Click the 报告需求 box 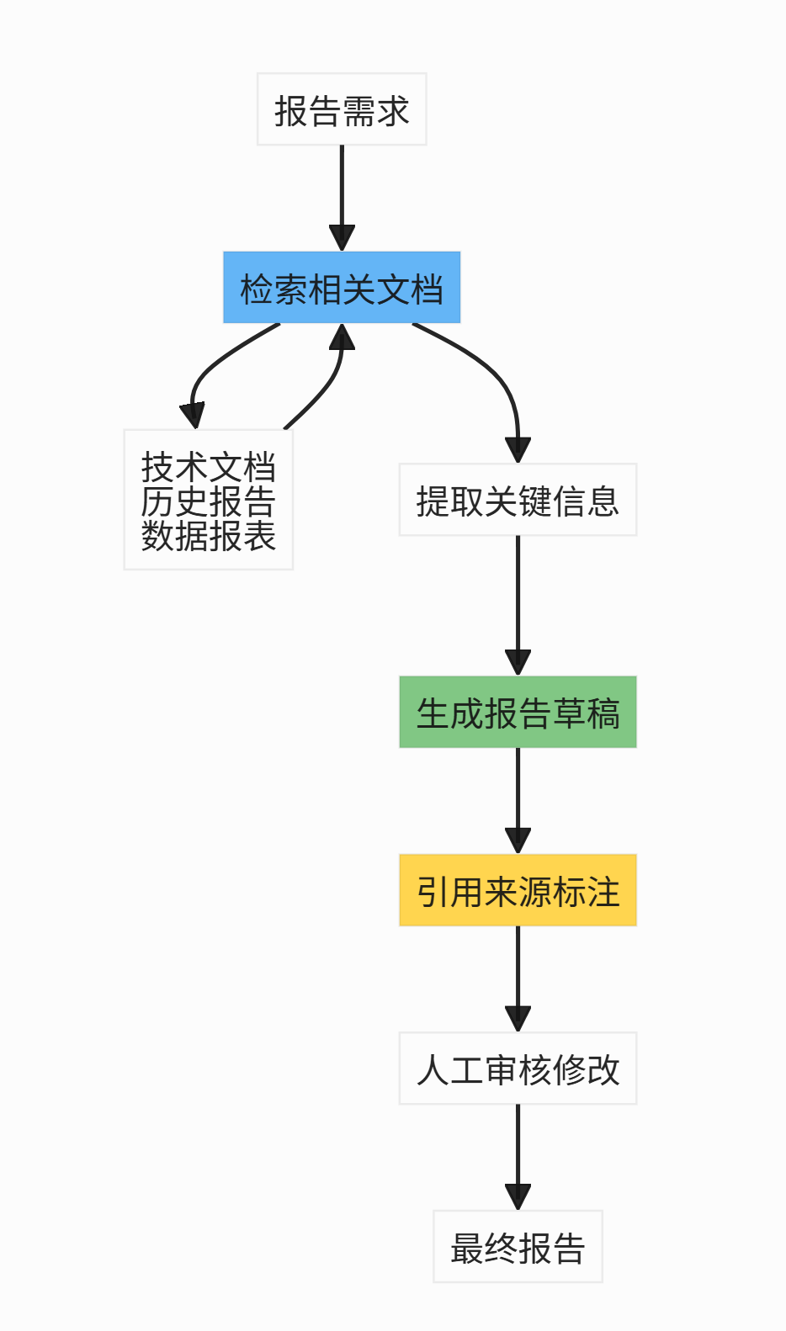342,109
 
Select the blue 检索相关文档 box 342,288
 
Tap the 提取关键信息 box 518,500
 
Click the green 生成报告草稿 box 518,712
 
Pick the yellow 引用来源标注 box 518,890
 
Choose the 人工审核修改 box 518,1069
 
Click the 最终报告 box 518,1247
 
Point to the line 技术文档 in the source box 208,467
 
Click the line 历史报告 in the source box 208,501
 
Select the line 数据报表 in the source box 208,536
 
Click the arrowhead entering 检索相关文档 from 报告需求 342,237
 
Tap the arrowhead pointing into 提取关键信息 518,449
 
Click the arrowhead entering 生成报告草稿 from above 518,661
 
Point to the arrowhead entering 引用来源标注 518,840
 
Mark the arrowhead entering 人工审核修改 518,1018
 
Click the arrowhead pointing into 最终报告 518,1196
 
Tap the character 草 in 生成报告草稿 568,713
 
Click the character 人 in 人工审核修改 433,1069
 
